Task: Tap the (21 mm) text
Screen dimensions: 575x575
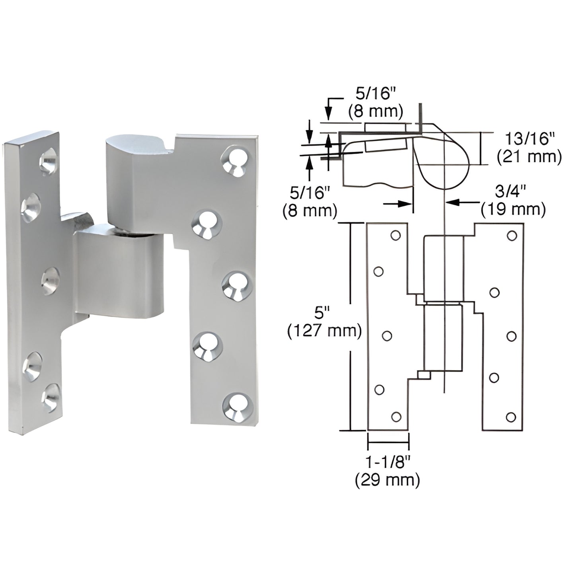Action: point(529,157)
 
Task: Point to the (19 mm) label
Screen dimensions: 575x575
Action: point(513,209)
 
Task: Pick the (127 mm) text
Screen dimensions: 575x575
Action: point(324,331)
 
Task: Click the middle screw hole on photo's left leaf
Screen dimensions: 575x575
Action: point(51,277)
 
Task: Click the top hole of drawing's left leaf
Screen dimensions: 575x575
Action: point(395,236)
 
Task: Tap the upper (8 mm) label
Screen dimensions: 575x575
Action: point(376,111)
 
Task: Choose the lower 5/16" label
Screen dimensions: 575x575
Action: point(310,193)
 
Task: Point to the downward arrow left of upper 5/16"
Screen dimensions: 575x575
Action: point(328,111)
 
